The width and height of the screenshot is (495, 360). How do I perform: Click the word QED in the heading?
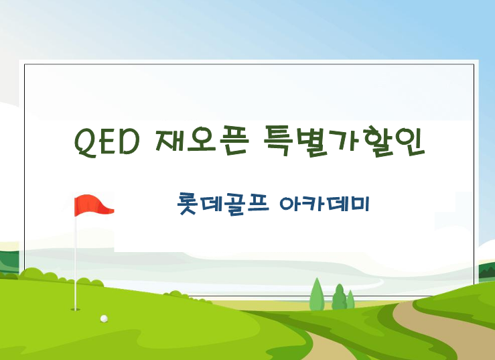(x=107, y=142)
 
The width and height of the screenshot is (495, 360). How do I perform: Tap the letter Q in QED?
(x=86, y=143)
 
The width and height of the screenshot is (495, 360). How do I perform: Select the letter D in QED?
(x=129, y=142)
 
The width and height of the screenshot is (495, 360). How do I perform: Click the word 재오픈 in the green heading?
(x=202, y=141)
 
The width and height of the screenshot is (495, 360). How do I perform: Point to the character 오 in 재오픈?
(x=202, y=141)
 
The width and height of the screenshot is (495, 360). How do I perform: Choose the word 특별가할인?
(x=344, y=141)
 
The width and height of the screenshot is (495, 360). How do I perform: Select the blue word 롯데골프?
(x=223, y=204)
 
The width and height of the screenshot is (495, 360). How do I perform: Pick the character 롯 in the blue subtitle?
(x=188, y=204)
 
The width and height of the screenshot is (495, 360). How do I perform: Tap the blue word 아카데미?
(x=324, y=204)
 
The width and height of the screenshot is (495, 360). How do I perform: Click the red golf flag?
(x=92, y=204)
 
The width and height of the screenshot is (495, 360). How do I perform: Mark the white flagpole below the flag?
(x=76, y=263)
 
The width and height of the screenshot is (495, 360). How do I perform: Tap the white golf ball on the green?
(x=104, y=318)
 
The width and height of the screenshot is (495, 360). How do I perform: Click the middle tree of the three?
(x=339, y=297)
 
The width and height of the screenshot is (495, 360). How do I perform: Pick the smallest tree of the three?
(x=351, y=299)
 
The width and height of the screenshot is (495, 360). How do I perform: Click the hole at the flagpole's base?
(x=76, y=310)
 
